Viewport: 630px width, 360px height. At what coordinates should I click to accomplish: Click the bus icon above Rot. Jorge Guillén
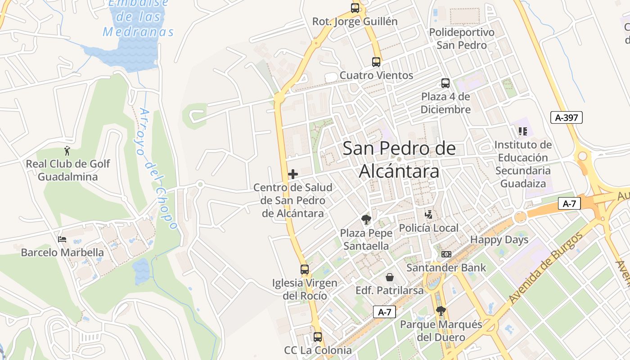[x=355, y=8]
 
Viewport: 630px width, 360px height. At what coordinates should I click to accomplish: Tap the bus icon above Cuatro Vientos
[x=376, y=62]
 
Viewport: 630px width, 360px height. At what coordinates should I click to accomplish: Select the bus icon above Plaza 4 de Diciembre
[x=445, y=83]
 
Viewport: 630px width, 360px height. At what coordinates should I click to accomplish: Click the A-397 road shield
[x=567, y=117]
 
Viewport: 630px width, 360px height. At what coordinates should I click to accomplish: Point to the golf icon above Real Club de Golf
[x=67, y=151]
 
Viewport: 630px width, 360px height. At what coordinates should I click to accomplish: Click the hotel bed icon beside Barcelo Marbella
[x=62, y=239]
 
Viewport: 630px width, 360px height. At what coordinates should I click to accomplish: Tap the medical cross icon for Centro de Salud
[x=293, y=174]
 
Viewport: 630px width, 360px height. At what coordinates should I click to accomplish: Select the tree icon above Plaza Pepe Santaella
[x=366, y=220]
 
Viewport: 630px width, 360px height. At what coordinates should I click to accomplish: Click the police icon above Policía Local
[x=429, y=215]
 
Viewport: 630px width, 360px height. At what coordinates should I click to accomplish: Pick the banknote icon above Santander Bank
[x=446, y=254]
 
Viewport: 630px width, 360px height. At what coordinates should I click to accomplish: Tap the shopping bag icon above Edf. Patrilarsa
[x=390, y=277]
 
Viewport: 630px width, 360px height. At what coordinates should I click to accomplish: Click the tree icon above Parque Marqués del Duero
[x=441, y=311]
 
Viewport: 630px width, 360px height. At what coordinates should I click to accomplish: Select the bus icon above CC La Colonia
[x=318, y=337]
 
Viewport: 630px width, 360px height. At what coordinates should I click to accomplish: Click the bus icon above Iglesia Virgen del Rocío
[x=305, y=270]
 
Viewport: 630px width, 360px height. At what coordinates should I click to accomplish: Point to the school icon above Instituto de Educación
[x=522, y=131]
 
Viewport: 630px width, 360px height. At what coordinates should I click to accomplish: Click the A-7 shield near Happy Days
[x=569, y=203]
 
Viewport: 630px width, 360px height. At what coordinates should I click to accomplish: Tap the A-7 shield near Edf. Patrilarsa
[x=384, y=312]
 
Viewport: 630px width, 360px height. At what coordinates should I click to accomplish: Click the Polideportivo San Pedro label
[x=462, y=39]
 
